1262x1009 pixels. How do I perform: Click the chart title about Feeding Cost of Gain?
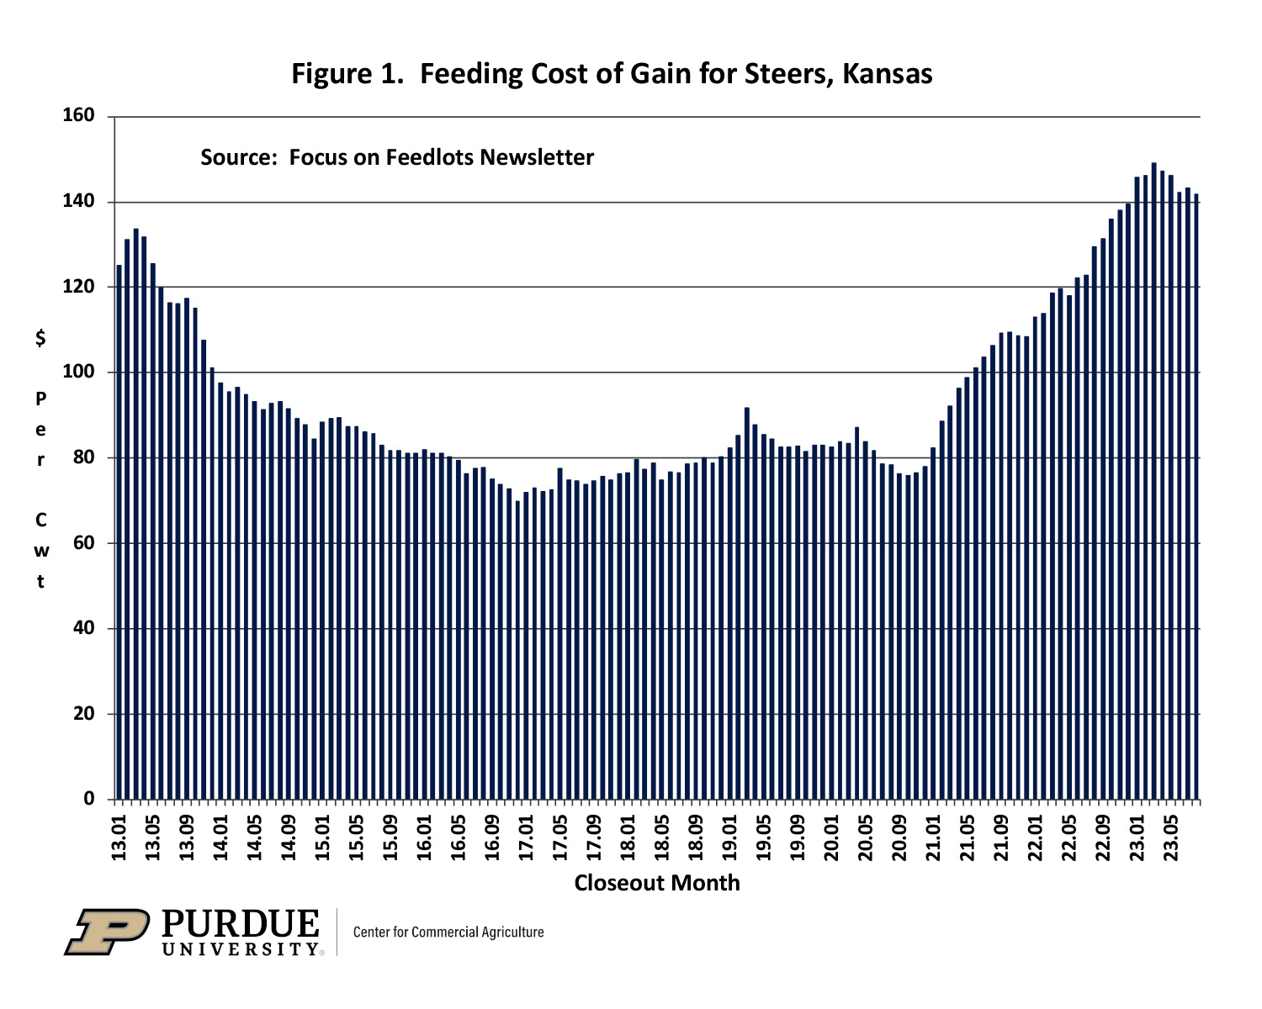(x=612, y=74)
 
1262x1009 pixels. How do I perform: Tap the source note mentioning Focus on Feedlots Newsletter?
(x=396, y=157)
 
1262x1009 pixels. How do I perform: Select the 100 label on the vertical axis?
(x=78, y=372)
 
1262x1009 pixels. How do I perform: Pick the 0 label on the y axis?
(x=89, y=799)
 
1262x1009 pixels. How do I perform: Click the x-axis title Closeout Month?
(x=656, y=883)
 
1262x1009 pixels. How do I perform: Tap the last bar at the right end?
(x=1196, y=496)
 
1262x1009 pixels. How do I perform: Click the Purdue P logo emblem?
(x=107, y=931)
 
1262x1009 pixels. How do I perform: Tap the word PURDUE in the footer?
(x=241, y=924)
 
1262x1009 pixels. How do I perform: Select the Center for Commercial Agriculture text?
(x=448, y=932)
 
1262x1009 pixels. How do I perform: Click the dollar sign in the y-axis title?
(x=40, y=339)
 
